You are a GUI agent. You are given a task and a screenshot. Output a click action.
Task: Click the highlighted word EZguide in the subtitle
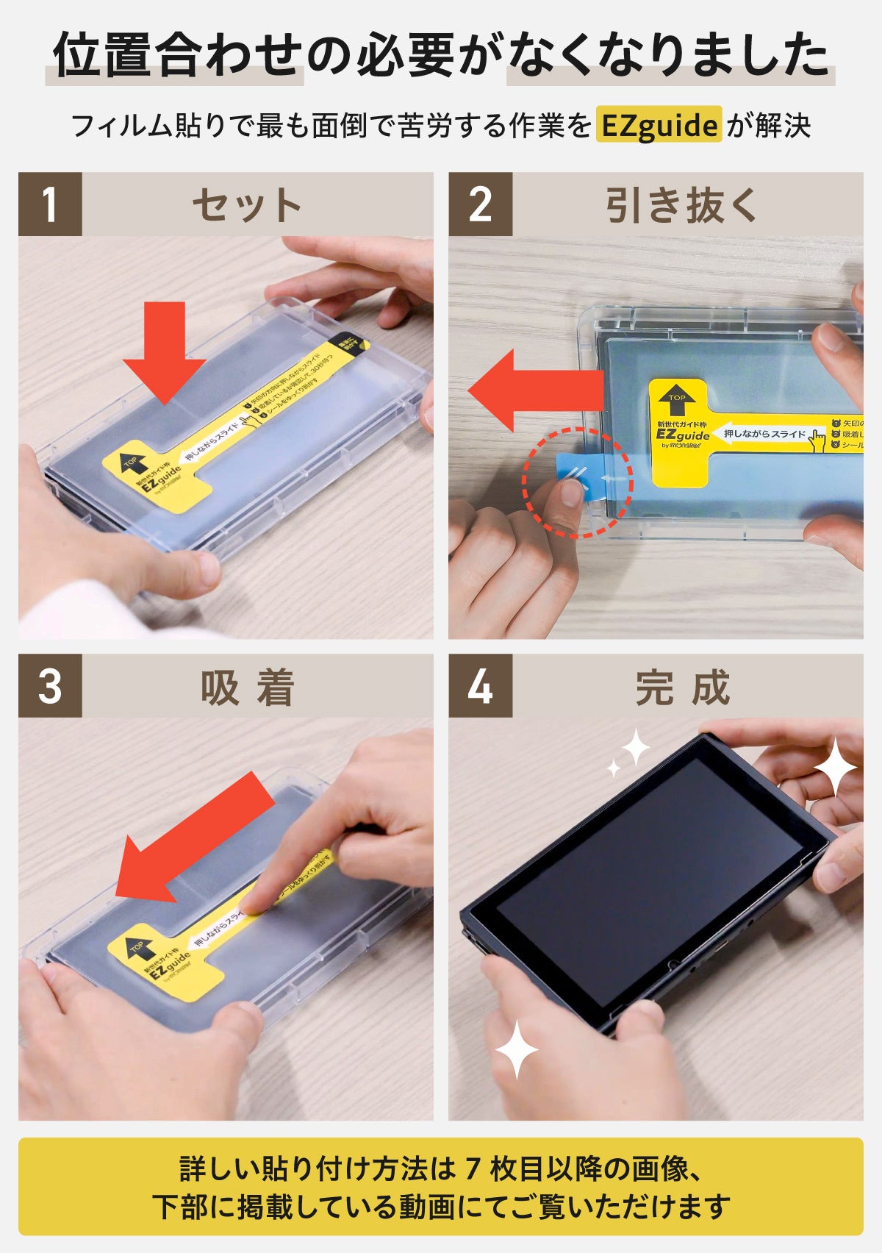pyautogui.click(x=659, y=125)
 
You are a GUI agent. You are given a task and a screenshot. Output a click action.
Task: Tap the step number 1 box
pyautogui.click(x=50, y=204)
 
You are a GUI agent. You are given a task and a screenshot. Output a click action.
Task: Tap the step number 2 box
pyautogui.click(x=480, y=204)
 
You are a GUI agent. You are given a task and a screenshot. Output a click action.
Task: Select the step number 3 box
pyautogui.click(x=50, y=686)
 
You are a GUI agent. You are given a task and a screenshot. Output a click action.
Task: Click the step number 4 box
pyautogui.click(x=480, y=686)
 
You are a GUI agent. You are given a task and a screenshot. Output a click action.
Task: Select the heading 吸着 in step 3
pyautogui.click(x=248, y=688)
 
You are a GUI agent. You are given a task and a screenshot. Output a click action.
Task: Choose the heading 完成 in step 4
pyautogui.click(x=683, y=688)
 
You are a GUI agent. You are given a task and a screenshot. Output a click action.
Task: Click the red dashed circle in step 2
pyautogui.click(x=578, y=482)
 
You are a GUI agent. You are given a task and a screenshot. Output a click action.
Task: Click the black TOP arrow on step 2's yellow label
pyautogui.click(x=677, y=402)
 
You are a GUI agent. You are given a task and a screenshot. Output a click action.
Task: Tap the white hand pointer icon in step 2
pyautogui.click(x=817, y=439)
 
